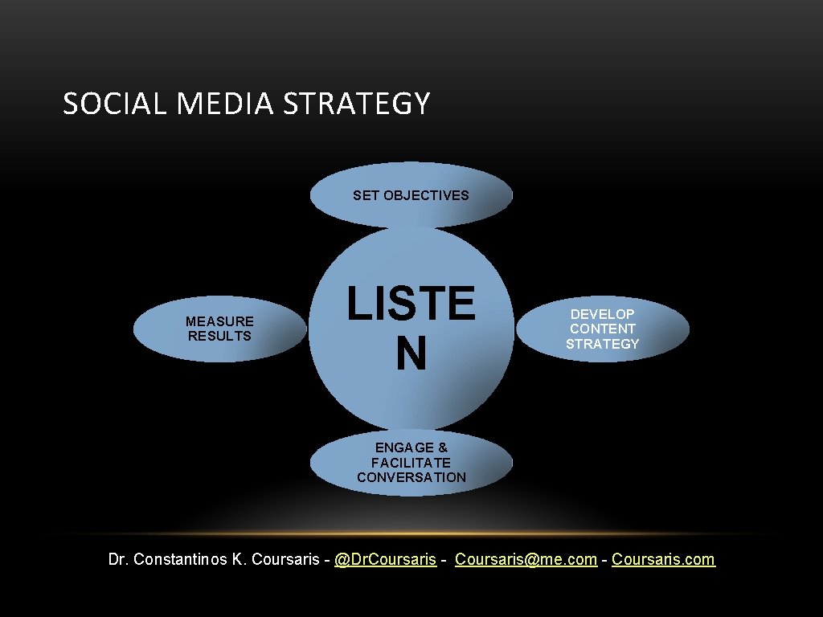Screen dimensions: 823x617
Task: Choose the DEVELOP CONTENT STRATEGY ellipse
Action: (x=602, y=329)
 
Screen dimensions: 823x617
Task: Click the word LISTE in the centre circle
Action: (x=411, y=303)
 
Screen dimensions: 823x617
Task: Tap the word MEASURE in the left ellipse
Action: (x=219, y=321)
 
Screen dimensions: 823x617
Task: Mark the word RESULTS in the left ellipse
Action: (x=219, y=336)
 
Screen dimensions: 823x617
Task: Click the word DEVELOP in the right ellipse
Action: (x=602, y=314)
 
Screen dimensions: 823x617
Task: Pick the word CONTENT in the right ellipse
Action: (x=602, y=329)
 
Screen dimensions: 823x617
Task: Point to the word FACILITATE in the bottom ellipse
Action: (x=411, y=463)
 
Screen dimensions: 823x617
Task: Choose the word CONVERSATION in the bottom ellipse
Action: (x=411, y=477)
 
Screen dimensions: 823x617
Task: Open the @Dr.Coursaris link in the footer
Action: (x=385, y=559)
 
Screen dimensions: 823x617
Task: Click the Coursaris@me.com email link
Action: (x=526, y=559)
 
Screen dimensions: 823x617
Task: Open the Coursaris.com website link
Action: (x=663, y=559)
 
